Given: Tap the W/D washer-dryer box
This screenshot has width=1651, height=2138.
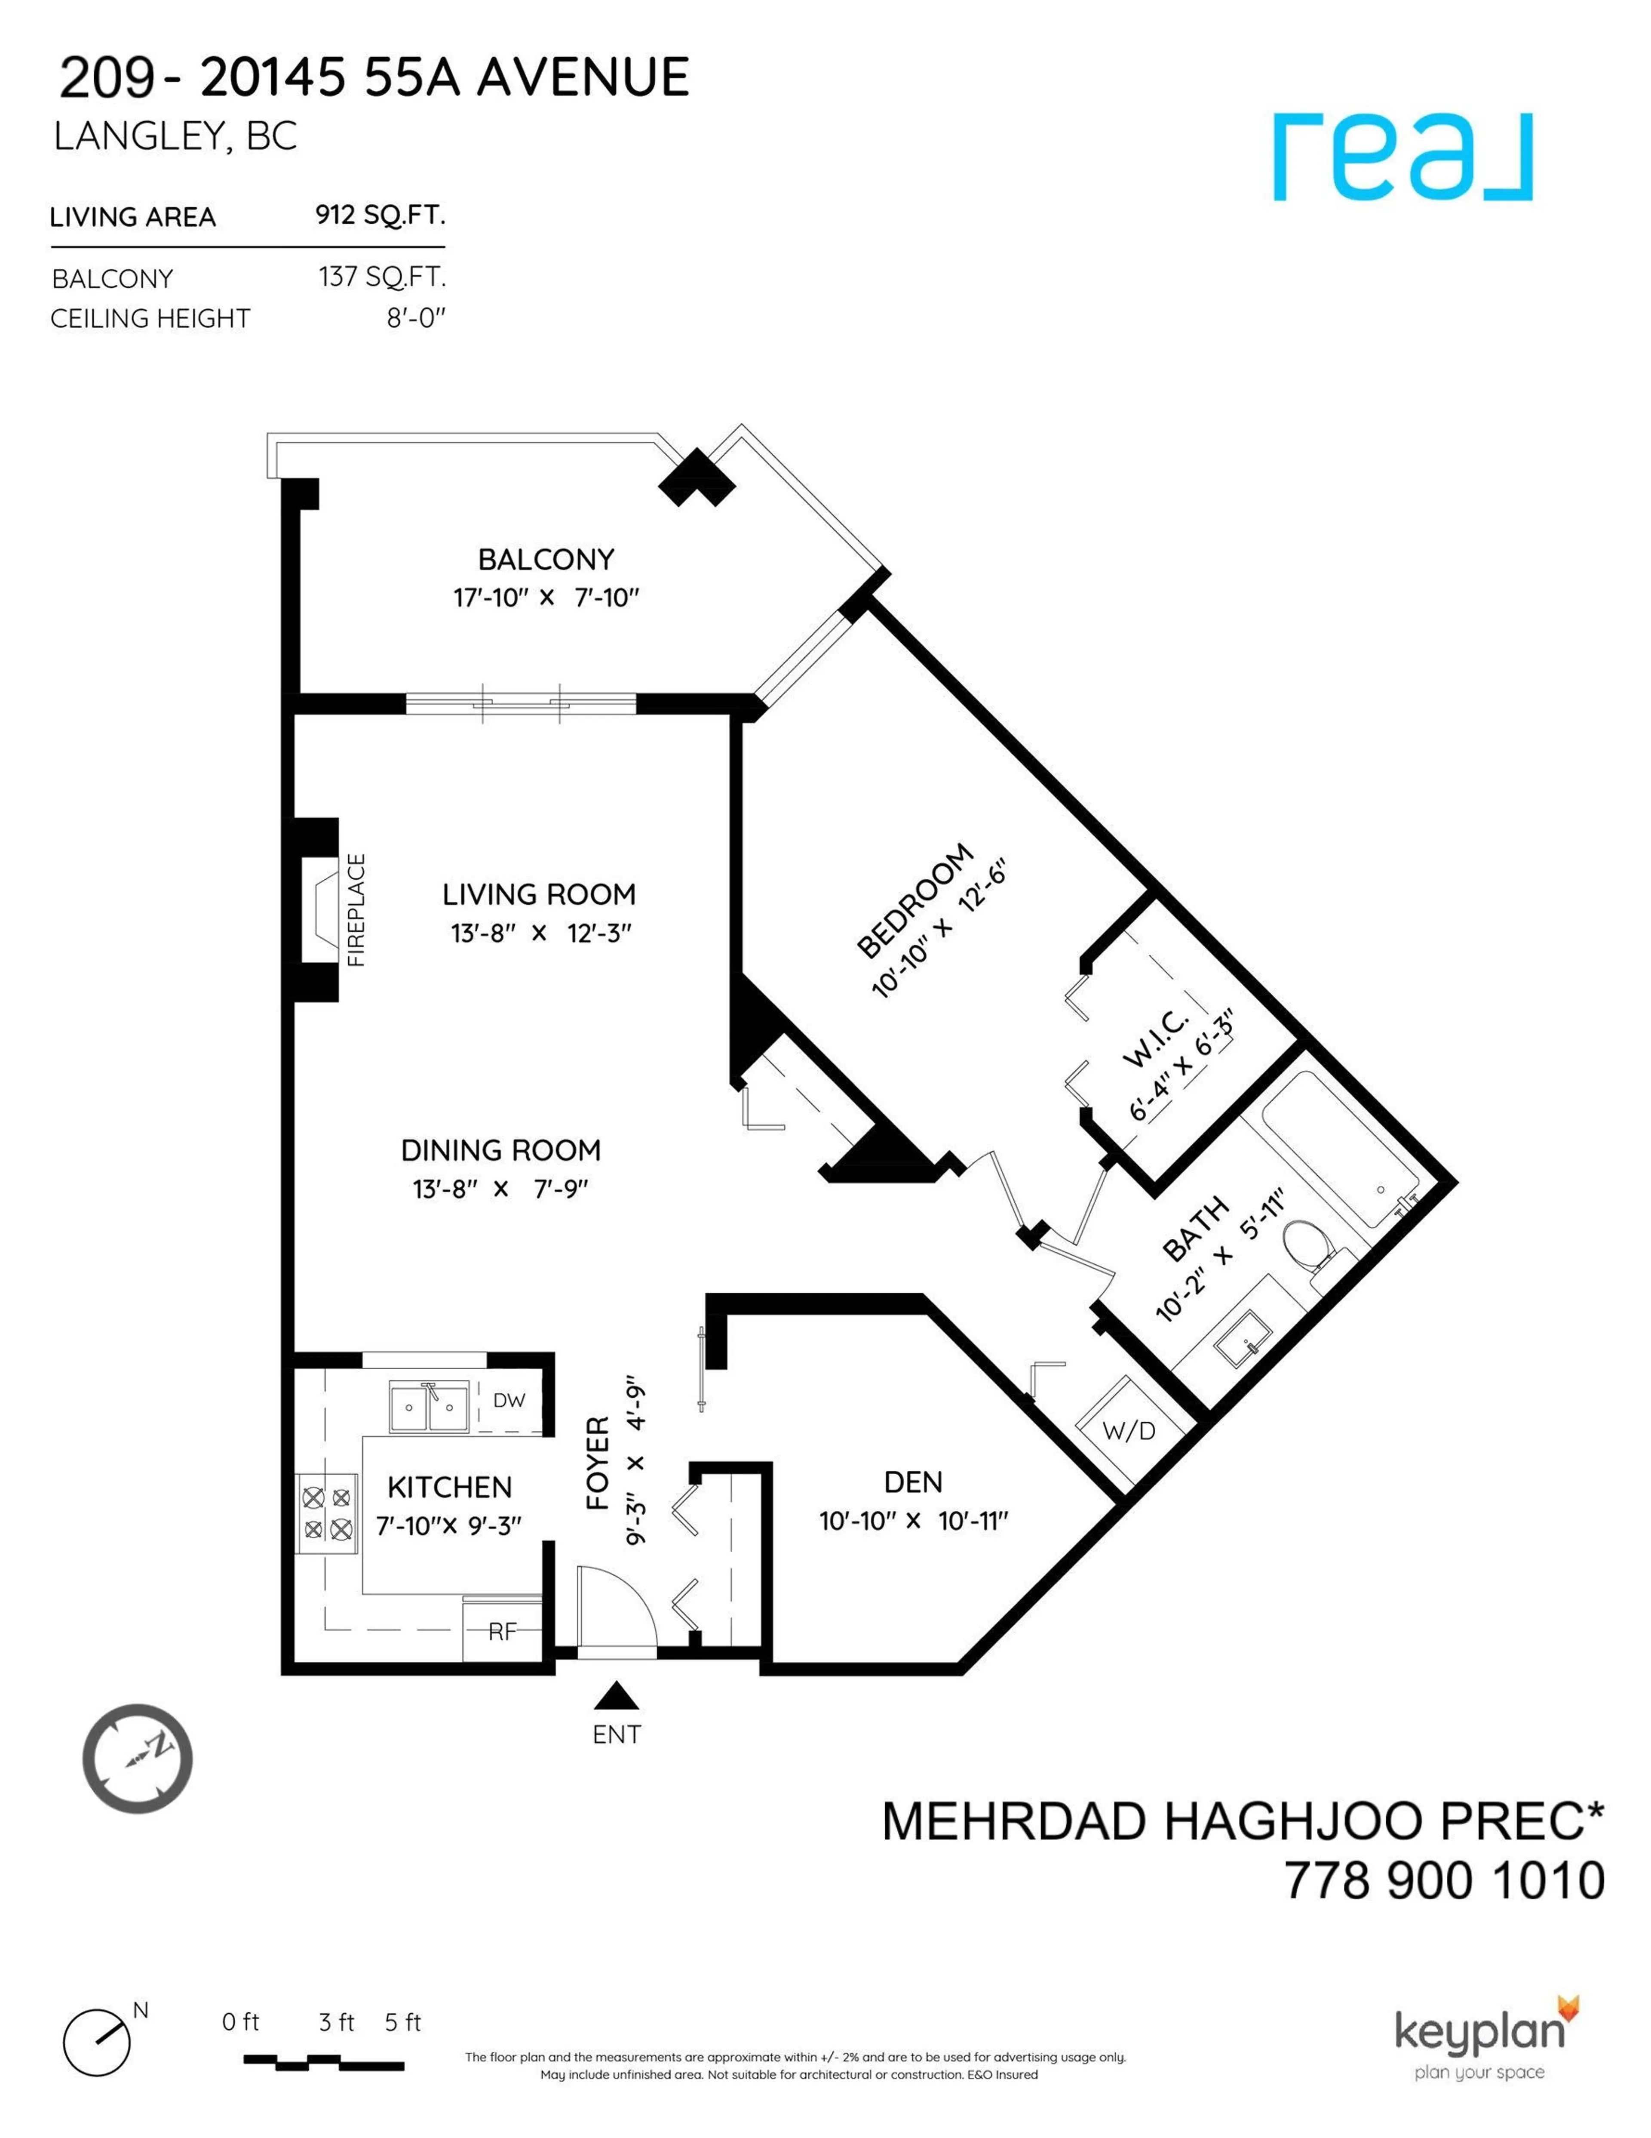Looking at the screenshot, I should tap(1128, 1431).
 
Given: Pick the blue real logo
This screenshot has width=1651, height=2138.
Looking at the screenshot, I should tap(1402, 157).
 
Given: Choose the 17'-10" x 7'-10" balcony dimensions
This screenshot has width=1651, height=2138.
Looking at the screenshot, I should tap(545, 597).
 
